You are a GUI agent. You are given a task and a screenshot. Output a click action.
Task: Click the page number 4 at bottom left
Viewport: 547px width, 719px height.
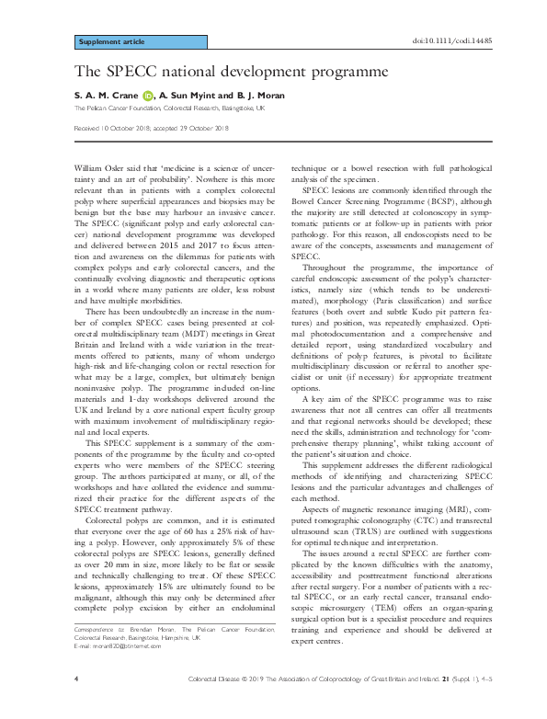74,702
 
